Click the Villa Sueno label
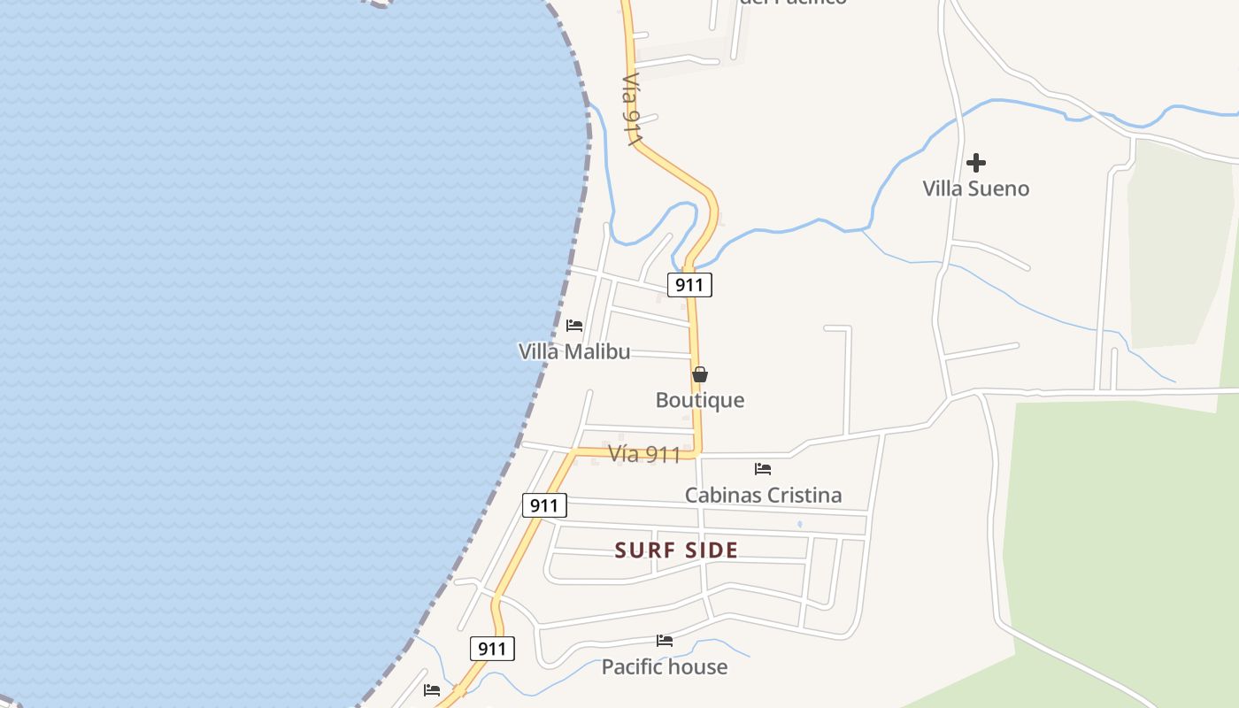click(975, 189)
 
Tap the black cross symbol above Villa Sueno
click(976, 163)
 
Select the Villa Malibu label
click(574, 351)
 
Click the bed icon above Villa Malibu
click(574, 326)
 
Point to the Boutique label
click(699, 400)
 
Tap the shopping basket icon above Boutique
click(700, 374)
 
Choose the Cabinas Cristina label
click(763, 495)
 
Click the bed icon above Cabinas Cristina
click(763, 469)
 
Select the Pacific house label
click(664, 666)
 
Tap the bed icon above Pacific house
click(665, 641)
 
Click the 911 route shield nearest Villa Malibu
click(689, 285)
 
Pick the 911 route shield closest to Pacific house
click(492, 649)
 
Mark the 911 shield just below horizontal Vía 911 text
click(544, 505)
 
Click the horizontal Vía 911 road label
click(644, 455)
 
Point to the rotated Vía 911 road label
click(631, 109)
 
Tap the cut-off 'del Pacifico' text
click(793, 3)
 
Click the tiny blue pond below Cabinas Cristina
click(800, 524)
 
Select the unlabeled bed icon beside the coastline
click(432, 689)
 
